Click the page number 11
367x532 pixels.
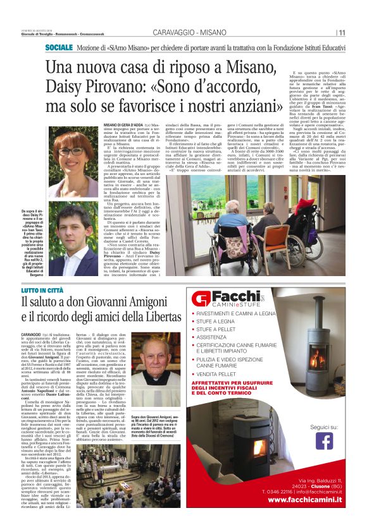tap(342, 33)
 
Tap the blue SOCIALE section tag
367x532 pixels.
tap(59, 48)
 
